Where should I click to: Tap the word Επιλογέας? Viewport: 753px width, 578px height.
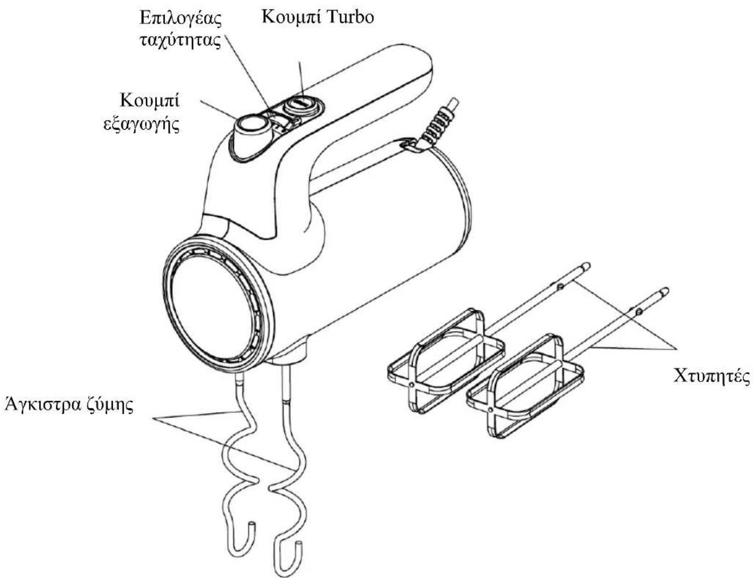[181, 19]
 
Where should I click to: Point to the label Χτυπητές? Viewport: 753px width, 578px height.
[711, 375]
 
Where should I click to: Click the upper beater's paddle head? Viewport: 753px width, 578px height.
[445, 360]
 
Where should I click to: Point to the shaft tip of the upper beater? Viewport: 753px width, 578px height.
[586, 266]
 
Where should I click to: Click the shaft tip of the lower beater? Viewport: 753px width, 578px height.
[664, 292]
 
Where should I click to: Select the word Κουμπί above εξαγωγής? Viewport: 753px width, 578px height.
[150, 101]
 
